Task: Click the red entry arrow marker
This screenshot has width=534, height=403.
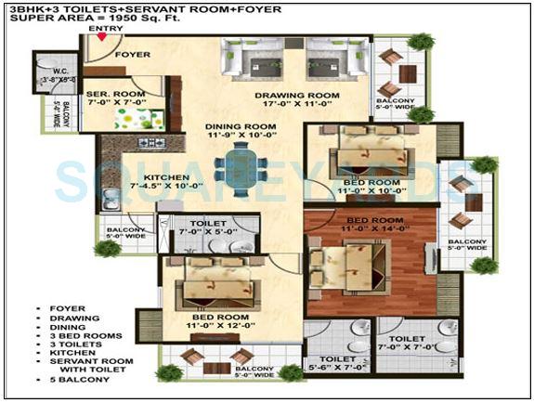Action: click(101, 37)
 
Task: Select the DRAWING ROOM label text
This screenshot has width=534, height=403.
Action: click(299, 96)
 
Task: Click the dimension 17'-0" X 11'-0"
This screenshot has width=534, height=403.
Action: click(299, 107)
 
